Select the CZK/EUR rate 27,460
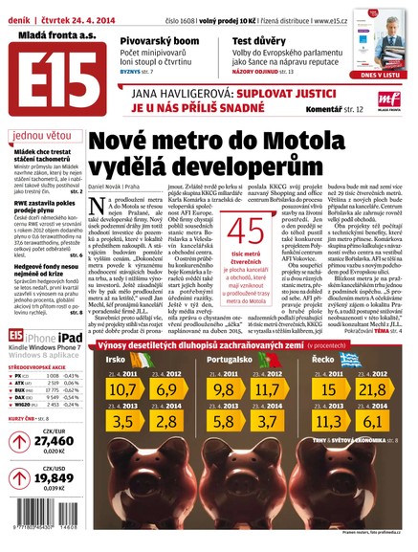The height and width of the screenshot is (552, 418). point(41,440)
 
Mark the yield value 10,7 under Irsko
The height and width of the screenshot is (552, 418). point(122,389)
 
